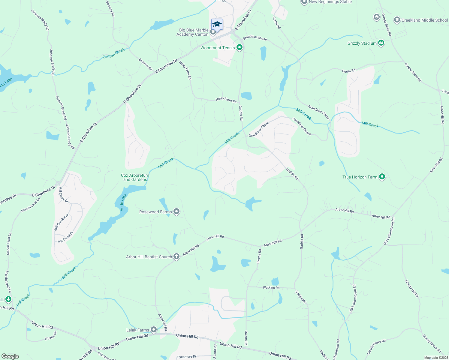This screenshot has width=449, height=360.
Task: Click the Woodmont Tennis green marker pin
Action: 240,47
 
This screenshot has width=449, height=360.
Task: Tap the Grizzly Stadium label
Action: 362,43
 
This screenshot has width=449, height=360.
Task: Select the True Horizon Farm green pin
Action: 382,177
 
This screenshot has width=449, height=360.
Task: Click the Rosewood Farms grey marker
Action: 177,211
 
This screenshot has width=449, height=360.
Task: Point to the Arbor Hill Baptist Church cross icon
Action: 176,256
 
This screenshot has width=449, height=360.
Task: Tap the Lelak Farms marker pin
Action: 154,330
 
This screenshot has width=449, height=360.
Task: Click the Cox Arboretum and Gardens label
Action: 135,177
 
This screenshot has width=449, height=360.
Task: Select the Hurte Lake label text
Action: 123,202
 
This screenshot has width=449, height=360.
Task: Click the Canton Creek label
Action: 113,53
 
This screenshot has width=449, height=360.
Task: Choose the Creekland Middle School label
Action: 424,20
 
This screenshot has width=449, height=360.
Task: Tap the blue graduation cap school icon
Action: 217,24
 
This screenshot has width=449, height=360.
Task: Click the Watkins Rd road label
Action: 271,288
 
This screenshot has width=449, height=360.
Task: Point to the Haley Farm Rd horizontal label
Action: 226,100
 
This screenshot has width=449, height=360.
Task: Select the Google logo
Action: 10,356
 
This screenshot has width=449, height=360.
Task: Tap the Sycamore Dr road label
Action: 187,357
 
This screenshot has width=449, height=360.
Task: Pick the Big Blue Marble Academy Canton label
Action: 194,32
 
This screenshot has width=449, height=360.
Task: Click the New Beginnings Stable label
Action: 330,2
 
